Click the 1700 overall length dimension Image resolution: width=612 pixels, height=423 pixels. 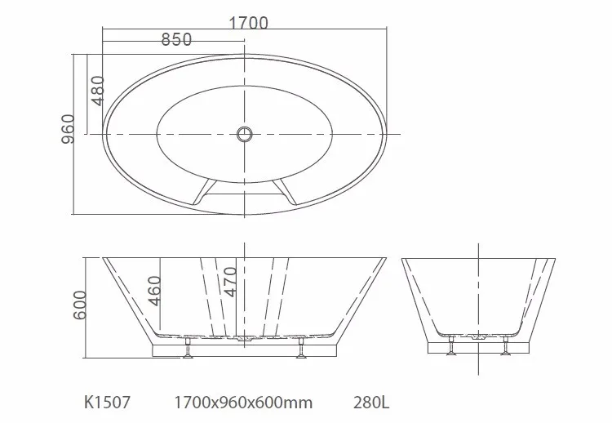248,23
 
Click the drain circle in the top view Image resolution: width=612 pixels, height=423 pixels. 245,134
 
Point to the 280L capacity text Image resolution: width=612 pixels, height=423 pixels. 370,402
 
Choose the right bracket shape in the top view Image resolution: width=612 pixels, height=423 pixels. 287,191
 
